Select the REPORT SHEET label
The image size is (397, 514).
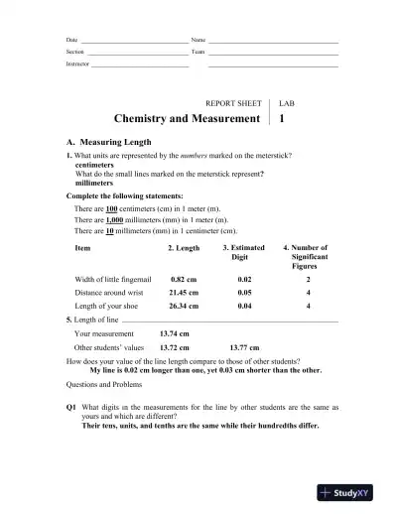coord(232,102)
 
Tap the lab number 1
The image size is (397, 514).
coord(283,119)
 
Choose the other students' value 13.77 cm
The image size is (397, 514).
coord(245,348)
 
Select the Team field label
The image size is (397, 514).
coord(198,51)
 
